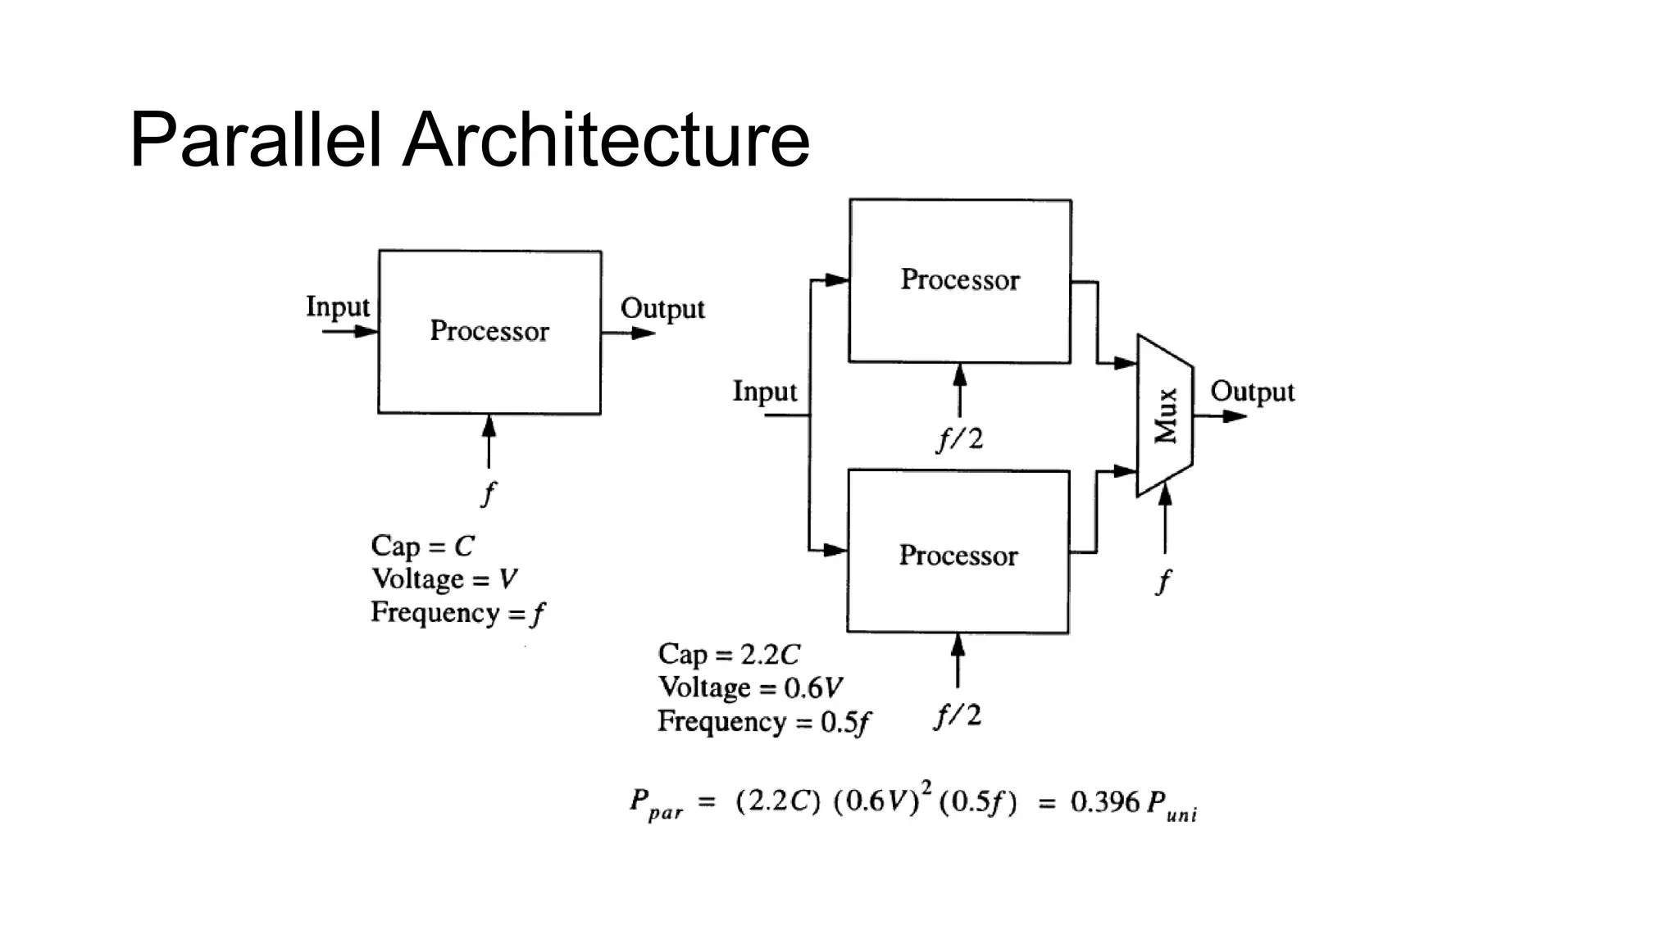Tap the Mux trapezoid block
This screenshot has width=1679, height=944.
click(1165, 415)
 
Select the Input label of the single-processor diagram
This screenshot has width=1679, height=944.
click(338, 307)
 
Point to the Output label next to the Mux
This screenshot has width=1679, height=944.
click(1252, 392)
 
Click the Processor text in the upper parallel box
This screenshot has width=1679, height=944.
click(960, 279)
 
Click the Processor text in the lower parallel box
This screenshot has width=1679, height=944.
click(958, 556)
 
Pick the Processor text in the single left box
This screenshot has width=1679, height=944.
click(489, 331)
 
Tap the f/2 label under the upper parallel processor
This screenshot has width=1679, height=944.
click(960, 439)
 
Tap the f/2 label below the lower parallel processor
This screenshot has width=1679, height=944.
click(958, 716)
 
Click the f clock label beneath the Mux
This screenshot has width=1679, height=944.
click(1163, 581)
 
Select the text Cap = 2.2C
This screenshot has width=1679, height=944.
click(728, 654)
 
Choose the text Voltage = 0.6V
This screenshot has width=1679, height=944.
click(750, 688)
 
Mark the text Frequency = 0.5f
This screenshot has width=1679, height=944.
click(763, 722)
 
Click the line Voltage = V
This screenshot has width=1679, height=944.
click(444, 579)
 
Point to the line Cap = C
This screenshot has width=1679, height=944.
click(422, 546)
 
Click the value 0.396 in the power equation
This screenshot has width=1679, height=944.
click(1104, 801)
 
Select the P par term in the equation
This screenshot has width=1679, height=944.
click(655, 804)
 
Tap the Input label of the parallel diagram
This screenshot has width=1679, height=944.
click(764, 392)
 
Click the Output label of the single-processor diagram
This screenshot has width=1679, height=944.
click(662, 309)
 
